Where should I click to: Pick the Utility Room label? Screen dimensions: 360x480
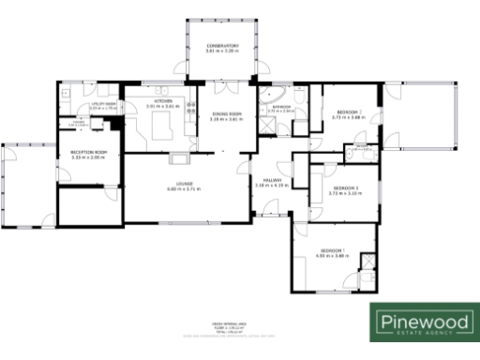(89, 104)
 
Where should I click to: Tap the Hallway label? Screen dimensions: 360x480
(272, 180)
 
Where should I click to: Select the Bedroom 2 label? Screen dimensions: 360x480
(348, 112)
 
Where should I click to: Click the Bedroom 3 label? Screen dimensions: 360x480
(346, 187)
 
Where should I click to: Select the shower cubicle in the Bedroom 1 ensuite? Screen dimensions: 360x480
(368, 262)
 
